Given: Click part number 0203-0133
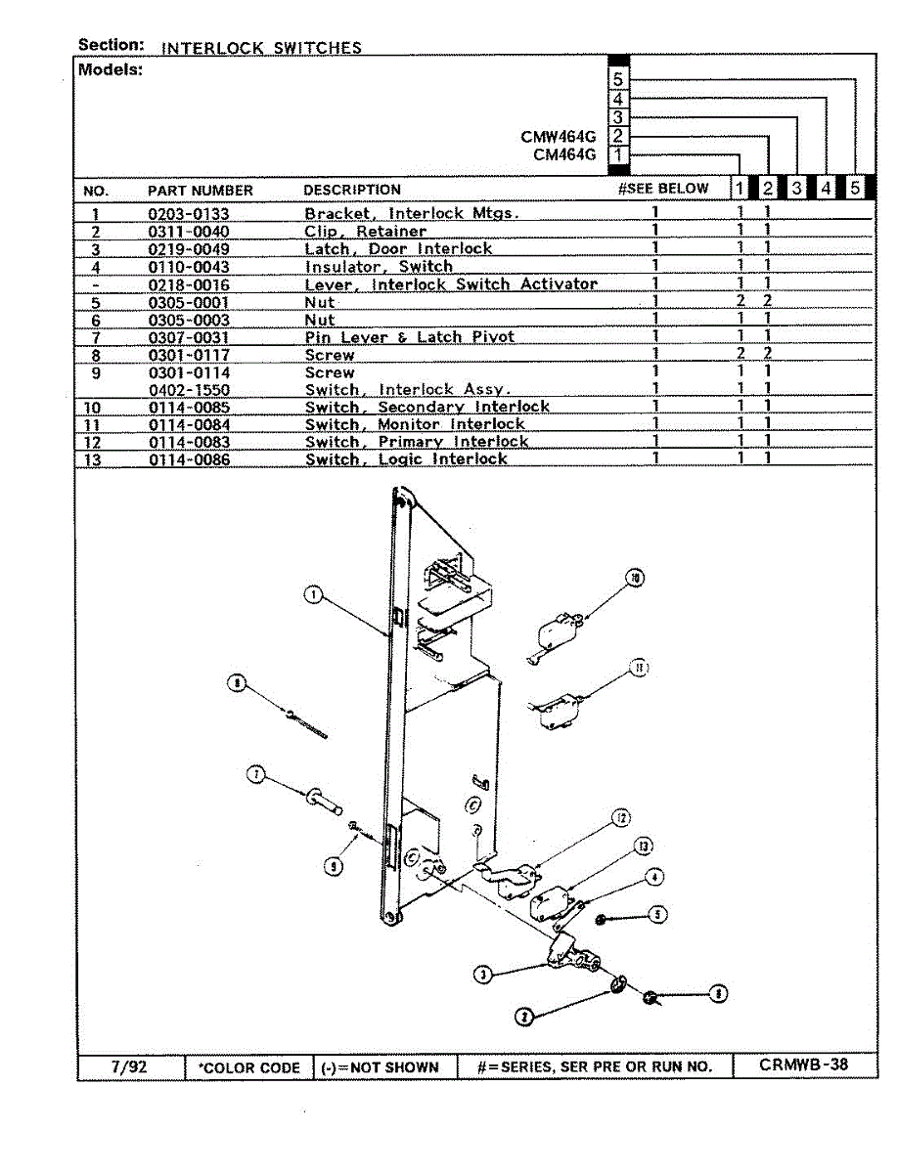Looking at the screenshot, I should (x=189, y=214).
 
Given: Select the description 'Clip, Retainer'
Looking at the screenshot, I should (x=365, y=232).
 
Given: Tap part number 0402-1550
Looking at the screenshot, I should (x=189, y=390).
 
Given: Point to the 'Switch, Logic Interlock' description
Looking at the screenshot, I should (x=406, y=459).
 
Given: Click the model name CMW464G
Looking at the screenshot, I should (x=558, y=137).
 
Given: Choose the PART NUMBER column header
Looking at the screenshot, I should (x=200, y=191).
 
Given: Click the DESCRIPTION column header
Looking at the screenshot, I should (x=352, y=190).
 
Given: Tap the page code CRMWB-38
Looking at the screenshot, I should (x=803, y=1065).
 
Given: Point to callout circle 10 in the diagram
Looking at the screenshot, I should (x=635, y=580).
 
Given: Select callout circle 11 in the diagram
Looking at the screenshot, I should (x=638, y=669).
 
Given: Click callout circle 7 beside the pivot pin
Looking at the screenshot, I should (x=256, y=775).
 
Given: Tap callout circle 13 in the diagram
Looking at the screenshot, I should (x=643, y=846).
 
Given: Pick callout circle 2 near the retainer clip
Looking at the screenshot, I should (x=525, y=1017).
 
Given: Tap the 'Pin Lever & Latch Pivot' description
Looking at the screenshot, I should (x=409, y=337).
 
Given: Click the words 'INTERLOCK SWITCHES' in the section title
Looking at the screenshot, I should (x=261, y=48).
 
